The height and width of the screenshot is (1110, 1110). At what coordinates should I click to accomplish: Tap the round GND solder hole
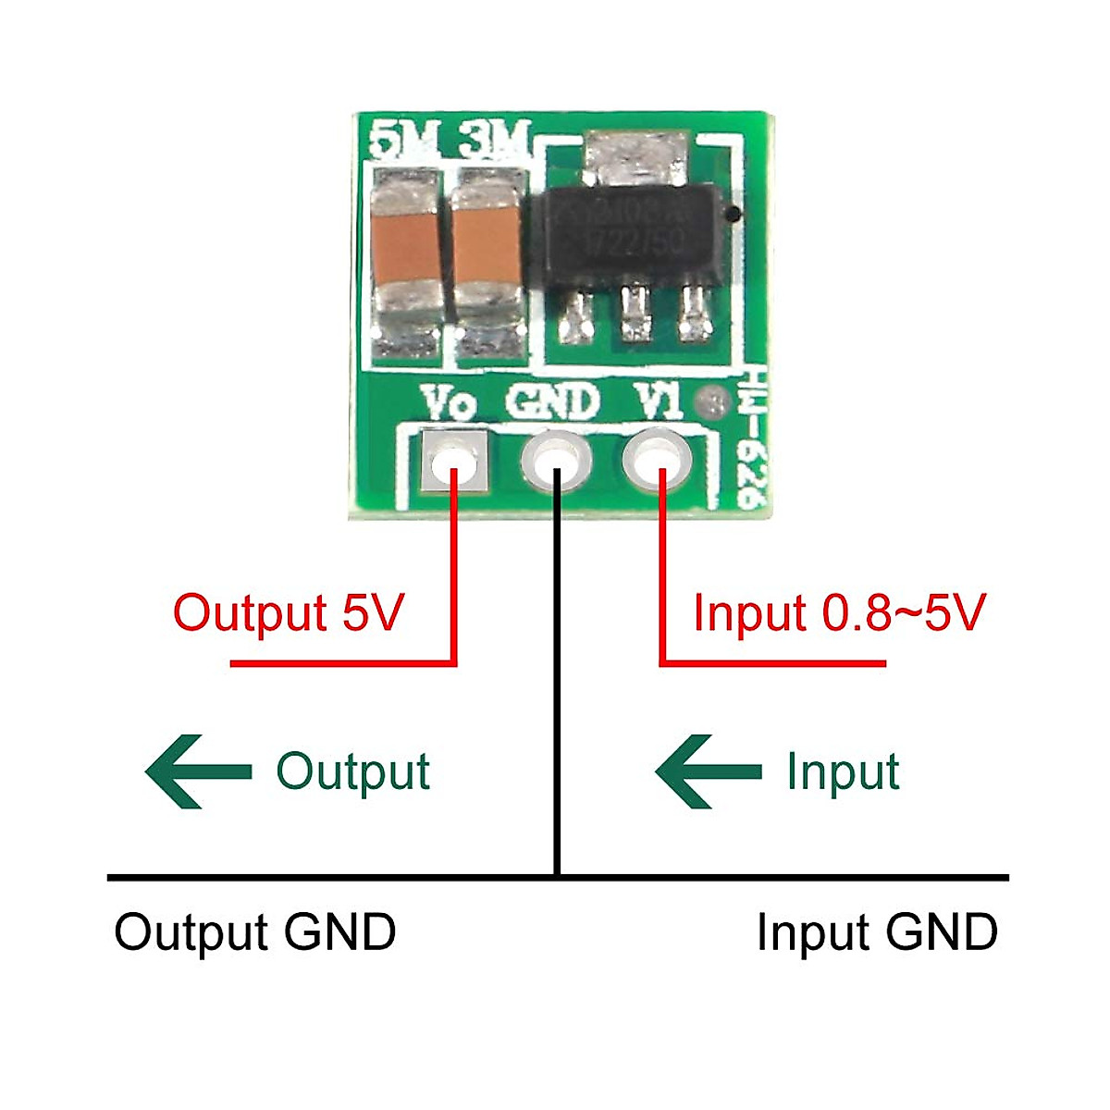(x=556, y=460)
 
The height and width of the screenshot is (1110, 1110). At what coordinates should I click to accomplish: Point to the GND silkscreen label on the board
(x=552, y=403)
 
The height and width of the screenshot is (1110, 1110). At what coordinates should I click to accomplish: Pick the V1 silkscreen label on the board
(x=660, y=403)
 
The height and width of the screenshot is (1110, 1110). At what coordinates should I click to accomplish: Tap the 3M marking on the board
(x=490, y=142)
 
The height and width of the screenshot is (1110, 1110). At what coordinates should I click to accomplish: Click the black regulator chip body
(x=629, y=231)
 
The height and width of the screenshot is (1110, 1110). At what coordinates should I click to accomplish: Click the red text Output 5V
(x=289, y=613)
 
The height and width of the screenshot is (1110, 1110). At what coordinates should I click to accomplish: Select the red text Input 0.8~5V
(x=839, y=613)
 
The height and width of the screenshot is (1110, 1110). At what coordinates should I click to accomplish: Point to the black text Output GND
(x=254, y=932)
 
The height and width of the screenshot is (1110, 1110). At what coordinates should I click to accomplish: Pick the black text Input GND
(x=877, y=932)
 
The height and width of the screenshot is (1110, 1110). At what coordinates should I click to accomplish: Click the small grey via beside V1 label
(x=713, y=401)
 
